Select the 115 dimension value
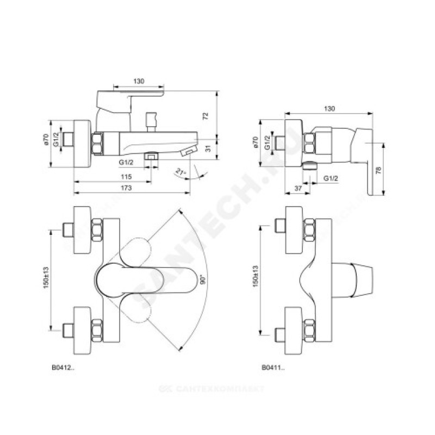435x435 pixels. click(126, 177)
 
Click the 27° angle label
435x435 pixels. click(181, 172)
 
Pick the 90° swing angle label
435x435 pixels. click(202, 281)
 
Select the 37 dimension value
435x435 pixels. click(297, 188)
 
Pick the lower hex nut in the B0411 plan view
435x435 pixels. click(309, 330)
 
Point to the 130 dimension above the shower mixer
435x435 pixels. click(330, 109)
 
